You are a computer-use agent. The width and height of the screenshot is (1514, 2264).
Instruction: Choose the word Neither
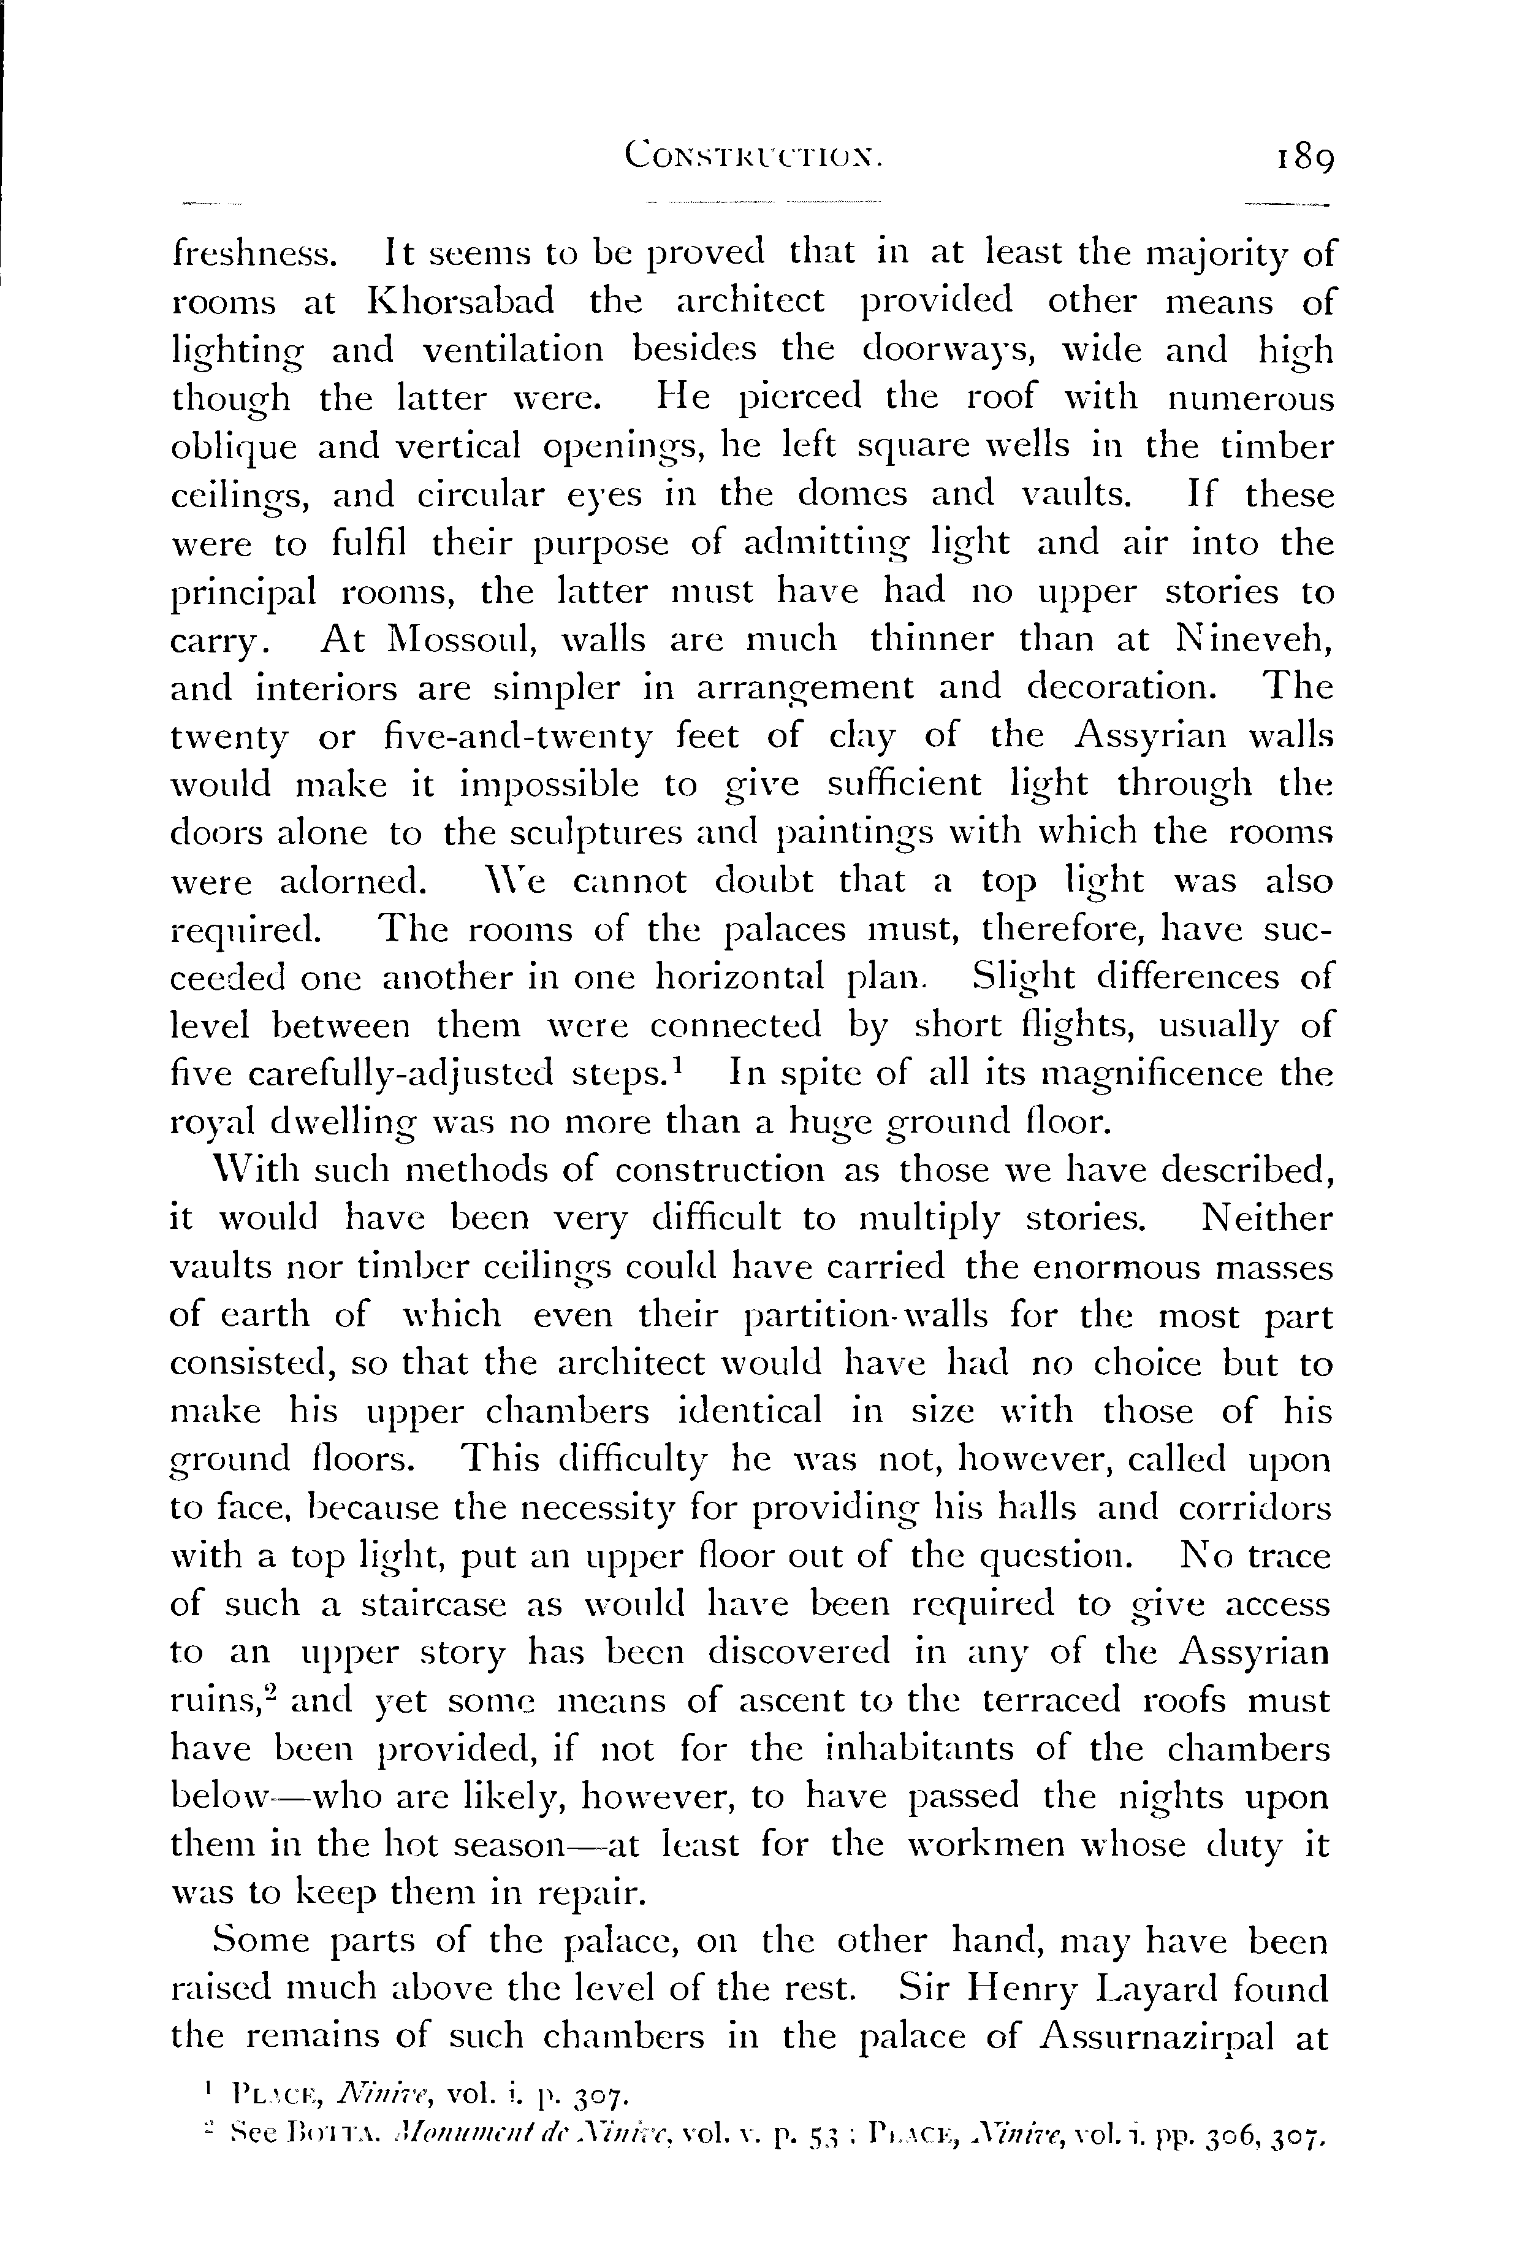[1266, 1219]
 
